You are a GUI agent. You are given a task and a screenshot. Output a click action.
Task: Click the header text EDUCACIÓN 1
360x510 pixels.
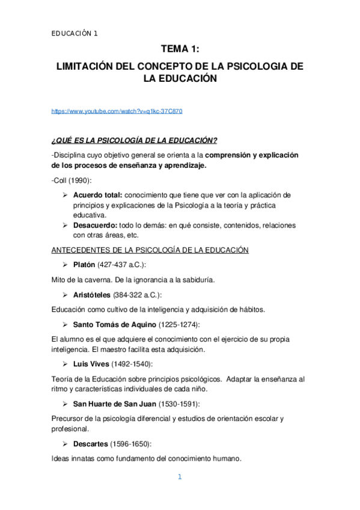click(75, 34)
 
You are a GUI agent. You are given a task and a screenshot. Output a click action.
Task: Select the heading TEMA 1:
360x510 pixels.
click(180, 52)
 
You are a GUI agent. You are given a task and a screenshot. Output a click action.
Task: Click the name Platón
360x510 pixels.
click(84, 265)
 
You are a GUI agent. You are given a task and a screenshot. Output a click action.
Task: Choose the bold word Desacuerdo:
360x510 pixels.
click(95, 224)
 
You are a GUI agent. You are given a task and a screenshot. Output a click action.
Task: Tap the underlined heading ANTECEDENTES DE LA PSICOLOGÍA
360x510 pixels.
click(150, 250)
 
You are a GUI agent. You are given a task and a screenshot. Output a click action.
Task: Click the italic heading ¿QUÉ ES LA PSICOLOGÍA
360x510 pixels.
click(134, 141)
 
